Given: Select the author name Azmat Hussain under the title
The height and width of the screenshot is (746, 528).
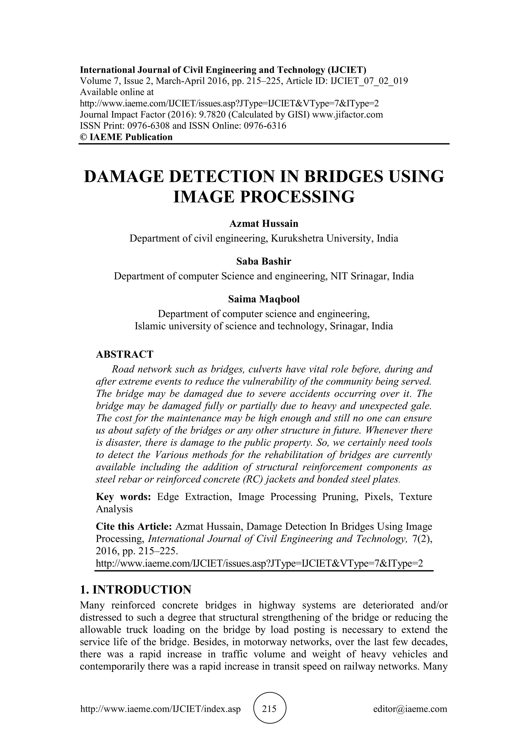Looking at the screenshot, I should point(264,224).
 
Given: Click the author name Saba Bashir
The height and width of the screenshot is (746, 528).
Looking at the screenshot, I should point(264,261).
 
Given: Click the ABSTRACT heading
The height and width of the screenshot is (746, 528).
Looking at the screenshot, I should point(125,354).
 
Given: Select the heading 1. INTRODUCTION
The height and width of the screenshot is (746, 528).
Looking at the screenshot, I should point(136,589).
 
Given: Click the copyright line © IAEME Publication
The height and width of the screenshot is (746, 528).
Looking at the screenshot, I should point(126,137).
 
